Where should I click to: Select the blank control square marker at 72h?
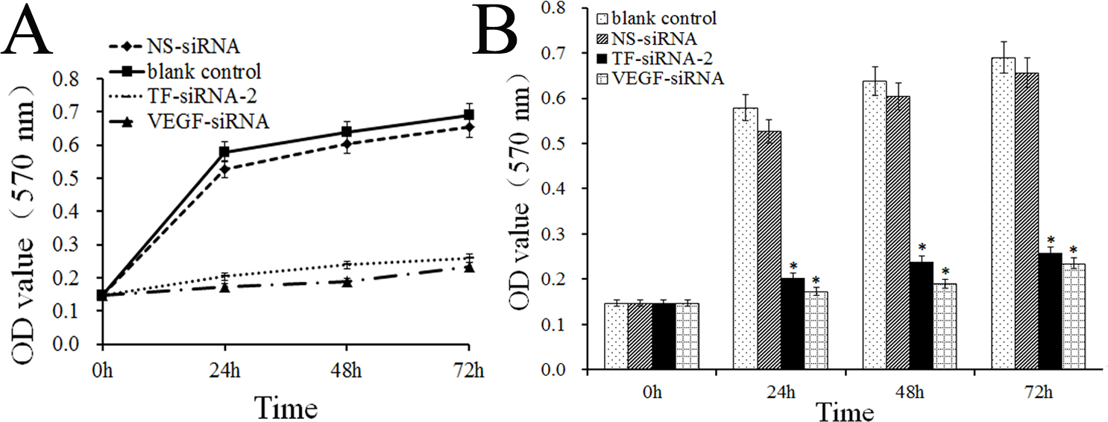tap(468, 115)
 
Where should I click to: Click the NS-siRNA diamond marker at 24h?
tap(224, 170)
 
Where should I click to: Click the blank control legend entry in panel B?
tap(661, 17)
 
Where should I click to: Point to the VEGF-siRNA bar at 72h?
tap(1071, 316)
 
